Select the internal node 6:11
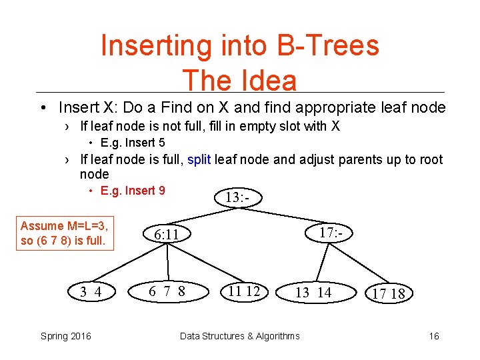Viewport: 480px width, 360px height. coord(166,235)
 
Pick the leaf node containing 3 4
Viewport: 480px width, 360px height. coord(91,291)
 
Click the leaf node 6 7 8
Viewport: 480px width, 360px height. coord(167,291)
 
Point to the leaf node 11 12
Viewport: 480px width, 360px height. coord(244,291)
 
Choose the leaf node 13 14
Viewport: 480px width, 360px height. coord(313,292)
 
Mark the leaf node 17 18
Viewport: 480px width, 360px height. coord(389,293)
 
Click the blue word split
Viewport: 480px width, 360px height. coord(199,159)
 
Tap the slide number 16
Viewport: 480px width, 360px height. coord(434,336)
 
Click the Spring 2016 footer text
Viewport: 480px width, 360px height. coord(66,336)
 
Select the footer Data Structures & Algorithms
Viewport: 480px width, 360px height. coord(240,336)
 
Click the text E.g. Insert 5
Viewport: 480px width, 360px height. coord(133,143)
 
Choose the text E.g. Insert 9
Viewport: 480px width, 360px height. coord(133,191)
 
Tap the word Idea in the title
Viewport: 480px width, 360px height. coord(267,81)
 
